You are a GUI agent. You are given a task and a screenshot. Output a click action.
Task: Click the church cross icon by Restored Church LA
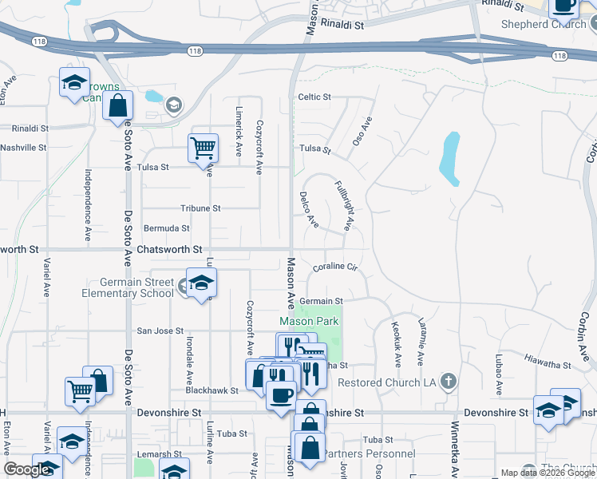pyautogui.click(x=449, y=381)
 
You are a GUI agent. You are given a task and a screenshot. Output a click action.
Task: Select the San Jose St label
pyautogui.click(x=160, y=331)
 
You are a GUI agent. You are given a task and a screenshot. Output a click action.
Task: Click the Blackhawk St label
pyautogui.click(x=212, y=390)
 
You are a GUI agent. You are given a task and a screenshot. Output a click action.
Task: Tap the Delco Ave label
pyautogui.click(x=309, y=209)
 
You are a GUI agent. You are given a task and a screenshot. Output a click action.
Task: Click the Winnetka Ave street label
pyautogui.click(x=456, y=447)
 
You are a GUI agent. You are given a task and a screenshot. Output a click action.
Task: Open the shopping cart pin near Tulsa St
pyautogui.click(x=203, y=147)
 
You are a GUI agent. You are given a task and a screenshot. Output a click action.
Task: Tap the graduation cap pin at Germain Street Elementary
pyautogui.click(x=202, y=283)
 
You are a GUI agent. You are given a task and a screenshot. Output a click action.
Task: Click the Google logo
pyautogui.click(x=26, y=470)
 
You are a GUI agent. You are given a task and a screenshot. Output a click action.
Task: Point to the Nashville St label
pyautogui.click(x=23, y=148)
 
